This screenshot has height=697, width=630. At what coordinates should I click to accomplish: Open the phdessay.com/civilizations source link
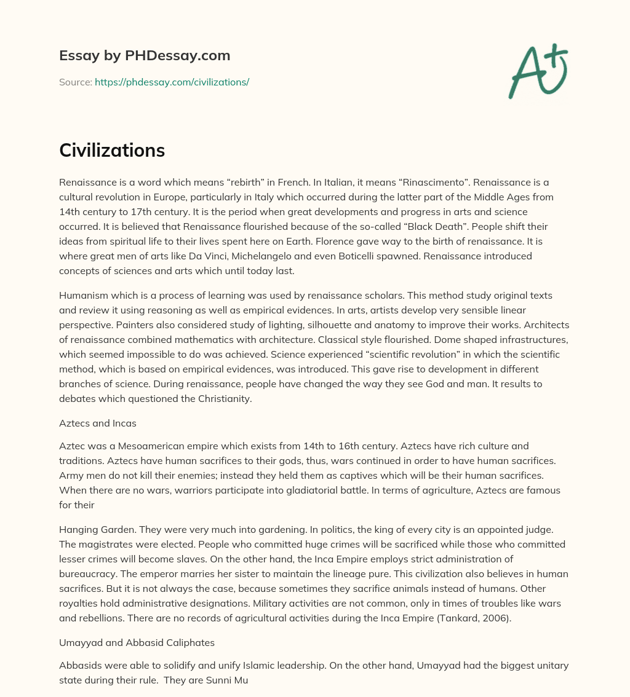pyautogui.click(x=172, y=82)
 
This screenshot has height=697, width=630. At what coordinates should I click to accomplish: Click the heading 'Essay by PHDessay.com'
pyautogui.click(x=145, y=56)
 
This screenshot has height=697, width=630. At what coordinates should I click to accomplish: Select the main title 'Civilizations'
pyautogui.click(x=112, y=151)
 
